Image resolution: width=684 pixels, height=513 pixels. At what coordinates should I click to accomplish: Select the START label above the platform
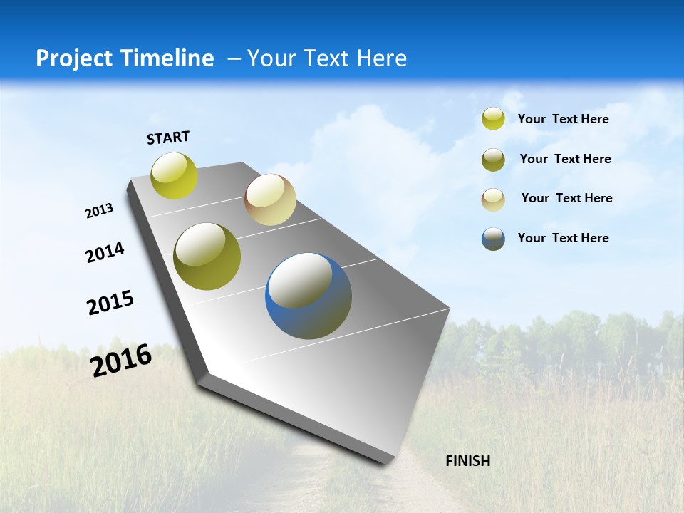[168, 138]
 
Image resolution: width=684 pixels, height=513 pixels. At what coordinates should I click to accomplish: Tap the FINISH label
[467, 461]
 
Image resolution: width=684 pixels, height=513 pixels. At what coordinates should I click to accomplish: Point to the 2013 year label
[99, 211]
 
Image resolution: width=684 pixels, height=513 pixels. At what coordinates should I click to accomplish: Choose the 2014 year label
[105, 253]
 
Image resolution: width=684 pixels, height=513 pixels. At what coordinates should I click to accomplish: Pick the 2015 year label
[110, 303]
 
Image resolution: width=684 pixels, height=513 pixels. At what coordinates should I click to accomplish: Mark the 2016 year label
[121, 360]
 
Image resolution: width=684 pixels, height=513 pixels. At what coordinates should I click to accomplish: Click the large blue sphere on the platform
[309, 296]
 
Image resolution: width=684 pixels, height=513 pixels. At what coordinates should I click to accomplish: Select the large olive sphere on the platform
[207, 256]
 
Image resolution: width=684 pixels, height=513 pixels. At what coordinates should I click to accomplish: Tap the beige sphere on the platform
[270, 199]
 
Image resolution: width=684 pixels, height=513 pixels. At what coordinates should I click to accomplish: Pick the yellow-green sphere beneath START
[175, 175]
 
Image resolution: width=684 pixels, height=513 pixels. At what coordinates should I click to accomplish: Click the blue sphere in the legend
[493, 239]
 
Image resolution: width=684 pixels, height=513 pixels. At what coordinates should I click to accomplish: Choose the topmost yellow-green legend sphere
[493, 118]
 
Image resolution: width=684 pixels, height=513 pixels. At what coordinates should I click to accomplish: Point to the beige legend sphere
[493, 199]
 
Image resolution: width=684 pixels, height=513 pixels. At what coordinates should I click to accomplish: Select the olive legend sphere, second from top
[493, 160]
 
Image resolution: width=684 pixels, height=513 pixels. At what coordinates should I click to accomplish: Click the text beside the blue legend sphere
[563, 238]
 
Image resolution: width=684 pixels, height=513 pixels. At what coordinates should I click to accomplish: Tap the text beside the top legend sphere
[563, 119]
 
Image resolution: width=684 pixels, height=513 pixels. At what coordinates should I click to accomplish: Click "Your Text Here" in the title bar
[327, 58]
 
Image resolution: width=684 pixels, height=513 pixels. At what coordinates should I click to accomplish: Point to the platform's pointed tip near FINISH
[385, 462]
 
